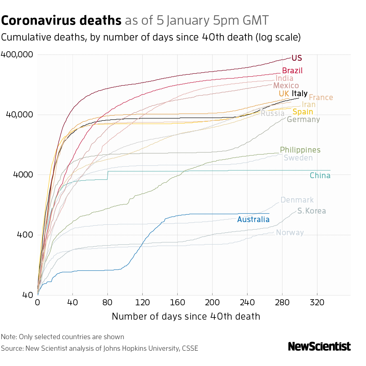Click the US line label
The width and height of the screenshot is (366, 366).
[296, 58]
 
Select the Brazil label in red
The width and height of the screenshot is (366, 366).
[292, 71]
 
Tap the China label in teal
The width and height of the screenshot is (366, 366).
[320, 176]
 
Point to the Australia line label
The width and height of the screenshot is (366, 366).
[253, 219]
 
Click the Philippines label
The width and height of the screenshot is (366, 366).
[300, 150]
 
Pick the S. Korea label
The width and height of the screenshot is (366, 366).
[311, 211]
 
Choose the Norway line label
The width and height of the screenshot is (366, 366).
[290, 233]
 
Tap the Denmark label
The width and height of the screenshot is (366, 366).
[297, 200]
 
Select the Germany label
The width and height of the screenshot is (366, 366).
[303, 120]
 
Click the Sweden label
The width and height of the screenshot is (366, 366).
[298, 158]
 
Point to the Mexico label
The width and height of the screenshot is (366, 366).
[286, 86]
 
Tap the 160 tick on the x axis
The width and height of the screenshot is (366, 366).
[178, 303]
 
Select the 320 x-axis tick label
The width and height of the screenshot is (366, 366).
[317, 303]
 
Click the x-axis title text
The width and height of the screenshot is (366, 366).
[186, 316]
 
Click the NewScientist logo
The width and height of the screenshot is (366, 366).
[319, 346]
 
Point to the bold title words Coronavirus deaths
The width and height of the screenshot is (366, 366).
[61, 20]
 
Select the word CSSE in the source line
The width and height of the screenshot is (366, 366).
[190, 348]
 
